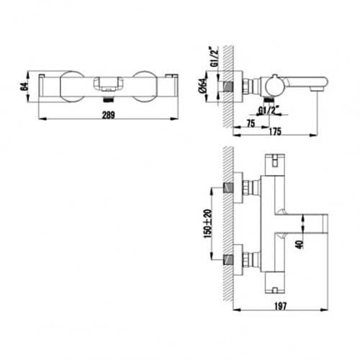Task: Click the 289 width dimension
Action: (x=109, y=115)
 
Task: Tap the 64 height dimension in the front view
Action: (x=24, y=86)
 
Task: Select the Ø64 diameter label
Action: (x=203, y=86)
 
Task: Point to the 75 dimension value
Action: (x=251, y=124)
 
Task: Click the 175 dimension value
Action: (x=275, y=132)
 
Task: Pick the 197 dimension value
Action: (x=280, y=306)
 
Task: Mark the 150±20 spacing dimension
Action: (x=208, y=224)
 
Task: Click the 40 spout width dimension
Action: (x=300, y=244)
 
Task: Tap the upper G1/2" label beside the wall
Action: (x=215, y=57)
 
